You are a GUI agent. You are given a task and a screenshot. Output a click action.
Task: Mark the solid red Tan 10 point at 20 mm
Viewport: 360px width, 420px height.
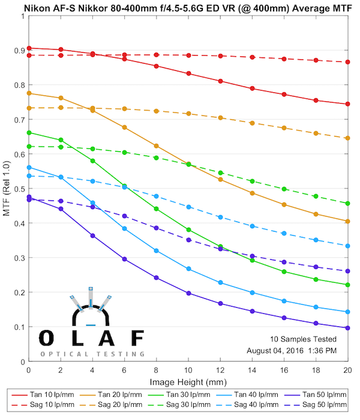347,104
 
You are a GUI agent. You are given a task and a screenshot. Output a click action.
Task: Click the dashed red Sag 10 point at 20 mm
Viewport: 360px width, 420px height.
347,62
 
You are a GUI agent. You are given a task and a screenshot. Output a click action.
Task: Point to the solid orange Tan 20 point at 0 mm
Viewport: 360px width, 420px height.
29,93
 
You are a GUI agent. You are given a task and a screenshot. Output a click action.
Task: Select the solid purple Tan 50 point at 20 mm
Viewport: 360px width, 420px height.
347,328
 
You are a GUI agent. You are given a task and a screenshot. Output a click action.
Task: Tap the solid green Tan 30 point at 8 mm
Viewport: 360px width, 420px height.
157,209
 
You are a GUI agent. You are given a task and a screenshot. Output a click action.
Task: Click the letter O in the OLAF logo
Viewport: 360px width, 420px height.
47,338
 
